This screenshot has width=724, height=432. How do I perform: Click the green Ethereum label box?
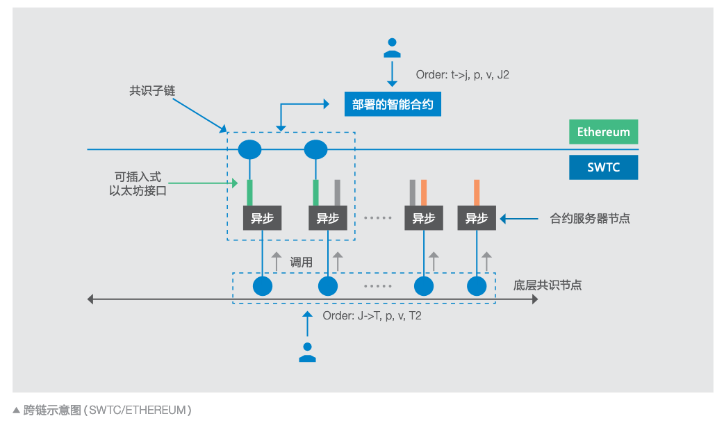tap(603, 132)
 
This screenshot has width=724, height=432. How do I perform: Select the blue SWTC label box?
tap(603, 167)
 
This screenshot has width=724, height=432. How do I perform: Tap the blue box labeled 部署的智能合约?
tap(393, 105)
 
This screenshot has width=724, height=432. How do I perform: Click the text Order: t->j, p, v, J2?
tap(462, 74)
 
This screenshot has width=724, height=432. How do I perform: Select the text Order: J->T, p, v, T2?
tap(372, 315)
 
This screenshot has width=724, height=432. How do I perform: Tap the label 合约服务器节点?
tap(590, 218)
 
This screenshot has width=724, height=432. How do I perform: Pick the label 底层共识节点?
tap(548, 285)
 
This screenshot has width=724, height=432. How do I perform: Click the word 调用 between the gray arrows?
tap(302, 263)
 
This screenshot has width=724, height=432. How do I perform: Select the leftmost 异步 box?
tap(262, 218)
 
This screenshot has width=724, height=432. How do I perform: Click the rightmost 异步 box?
tap(476, 218)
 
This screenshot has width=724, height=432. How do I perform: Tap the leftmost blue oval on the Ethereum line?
tap(249, 149)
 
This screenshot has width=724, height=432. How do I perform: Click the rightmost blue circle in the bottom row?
tap(477, 285)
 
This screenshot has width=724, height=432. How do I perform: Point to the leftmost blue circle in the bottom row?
tap(262, 285)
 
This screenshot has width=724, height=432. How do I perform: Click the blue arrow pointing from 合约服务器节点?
tap(520, 218)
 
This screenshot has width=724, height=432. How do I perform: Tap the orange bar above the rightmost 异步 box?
tap(477, 192)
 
